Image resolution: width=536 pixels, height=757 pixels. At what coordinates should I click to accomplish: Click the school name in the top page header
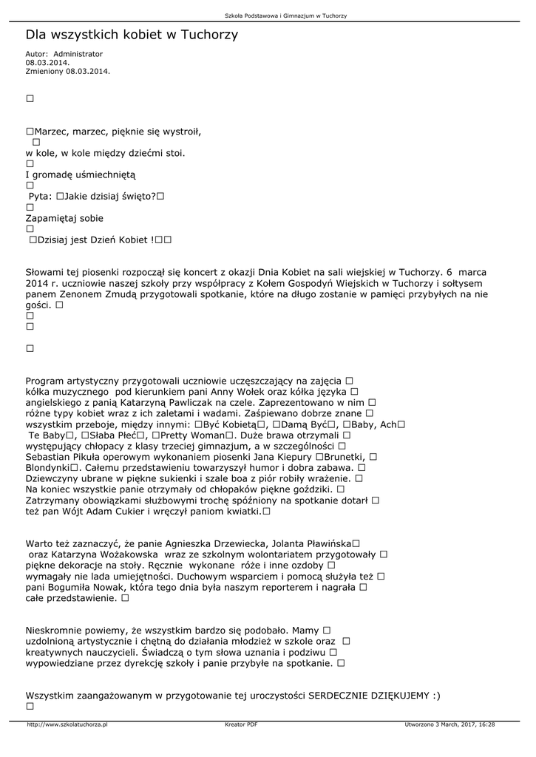[285, 16]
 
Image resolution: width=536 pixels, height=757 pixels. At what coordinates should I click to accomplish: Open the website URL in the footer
[67, 724]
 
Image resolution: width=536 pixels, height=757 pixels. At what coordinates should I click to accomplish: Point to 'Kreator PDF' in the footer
[241, 724]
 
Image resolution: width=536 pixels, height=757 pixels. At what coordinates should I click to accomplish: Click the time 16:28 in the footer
[486, 724]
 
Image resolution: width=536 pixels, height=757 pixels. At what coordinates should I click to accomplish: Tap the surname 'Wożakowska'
[126, 554]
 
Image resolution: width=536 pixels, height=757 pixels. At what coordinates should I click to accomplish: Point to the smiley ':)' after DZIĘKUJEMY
[436, 696]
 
